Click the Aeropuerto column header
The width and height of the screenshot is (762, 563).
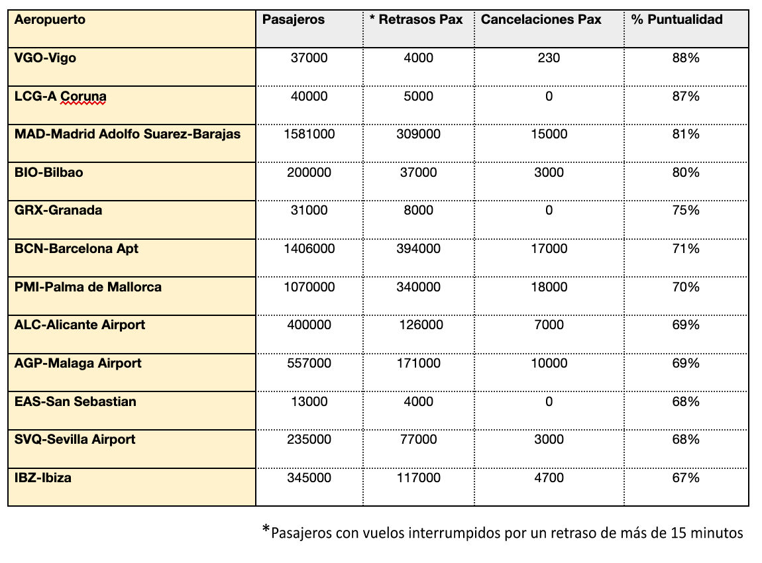tap(50, 20)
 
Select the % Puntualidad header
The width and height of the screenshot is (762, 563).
tap(677, 20)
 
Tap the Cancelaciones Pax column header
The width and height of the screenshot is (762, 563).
tap(541, 20)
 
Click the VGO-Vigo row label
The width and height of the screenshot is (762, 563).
tap(45, 58)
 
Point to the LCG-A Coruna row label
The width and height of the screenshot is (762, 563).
tap(60, 97)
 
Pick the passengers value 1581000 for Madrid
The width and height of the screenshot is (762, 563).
tap(309, 134)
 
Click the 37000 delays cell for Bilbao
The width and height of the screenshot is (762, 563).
tap(418, 173)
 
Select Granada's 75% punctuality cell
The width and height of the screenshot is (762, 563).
tap(686, 211)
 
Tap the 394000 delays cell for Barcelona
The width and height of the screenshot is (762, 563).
tap(418, 249)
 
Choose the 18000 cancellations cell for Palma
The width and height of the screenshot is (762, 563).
tap(549, 287)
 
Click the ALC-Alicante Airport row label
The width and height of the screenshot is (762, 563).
tap(80, 325)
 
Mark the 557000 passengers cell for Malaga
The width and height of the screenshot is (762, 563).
tap(309, 363)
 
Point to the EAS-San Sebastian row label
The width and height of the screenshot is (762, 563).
tap(75, 401)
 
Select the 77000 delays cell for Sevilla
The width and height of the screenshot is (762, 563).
tap(418, 439)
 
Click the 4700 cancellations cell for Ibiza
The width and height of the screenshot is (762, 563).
tap(549, 478)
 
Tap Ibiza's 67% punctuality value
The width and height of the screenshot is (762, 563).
tap(686, 478)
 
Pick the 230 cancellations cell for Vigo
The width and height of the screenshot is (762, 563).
tap(549, 58)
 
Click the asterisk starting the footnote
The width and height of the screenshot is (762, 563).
tap(266, 529)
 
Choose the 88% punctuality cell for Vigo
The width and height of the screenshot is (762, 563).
tap(686, 58)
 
